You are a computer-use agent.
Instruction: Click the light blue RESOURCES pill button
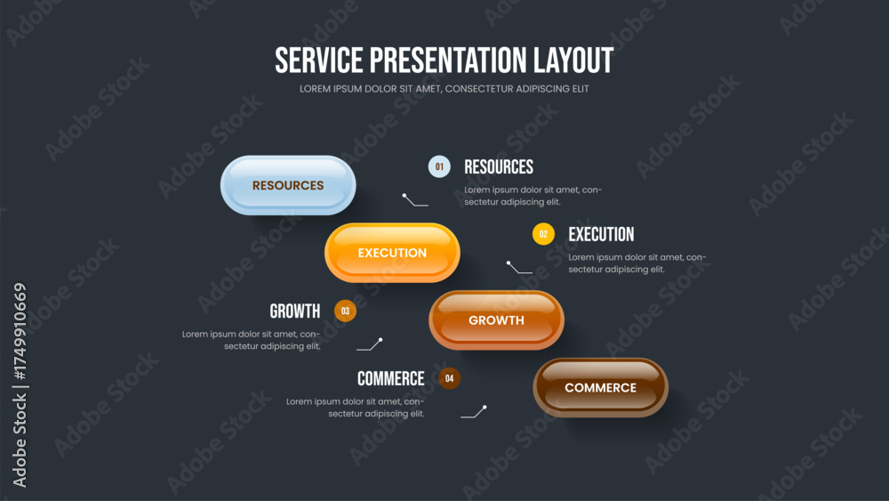[x=288, y=185]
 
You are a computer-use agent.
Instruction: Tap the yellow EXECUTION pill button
[x=392, y=253]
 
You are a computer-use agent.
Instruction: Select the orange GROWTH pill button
[x=497, y=320]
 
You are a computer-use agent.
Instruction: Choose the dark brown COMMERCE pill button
[x=600, y=387]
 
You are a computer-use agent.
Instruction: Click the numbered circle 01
[x=439, y=166]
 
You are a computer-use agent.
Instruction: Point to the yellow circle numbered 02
[x=543, y=234]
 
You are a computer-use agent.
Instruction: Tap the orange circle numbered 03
[x=345, y=311]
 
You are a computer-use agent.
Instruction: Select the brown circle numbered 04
[x=450, y=378]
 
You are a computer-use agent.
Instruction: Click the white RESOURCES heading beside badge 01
[x=499, y=166]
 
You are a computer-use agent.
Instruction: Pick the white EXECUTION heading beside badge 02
[x=602, y=234]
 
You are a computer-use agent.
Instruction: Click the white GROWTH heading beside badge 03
[x=295, y=311]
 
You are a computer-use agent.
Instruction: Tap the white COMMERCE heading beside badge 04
[x=390, y=378]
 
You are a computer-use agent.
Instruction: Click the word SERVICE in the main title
[x=318, y=61]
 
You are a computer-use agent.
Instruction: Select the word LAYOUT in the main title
[x=573, y=61]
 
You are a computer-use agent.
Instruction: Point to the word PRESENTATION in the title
[x=448, y=61]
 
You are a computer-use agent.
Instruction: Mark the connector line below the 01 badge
[x=414, y=201]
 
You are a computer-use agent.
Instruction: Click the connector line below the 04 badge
[x=475, y=413]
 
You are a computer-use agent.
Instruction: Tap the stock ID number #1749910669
[x=20, y=332]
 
